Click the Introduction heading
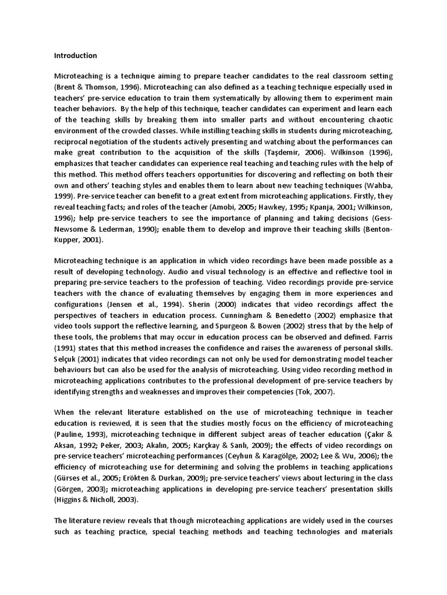pos(76,56)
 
